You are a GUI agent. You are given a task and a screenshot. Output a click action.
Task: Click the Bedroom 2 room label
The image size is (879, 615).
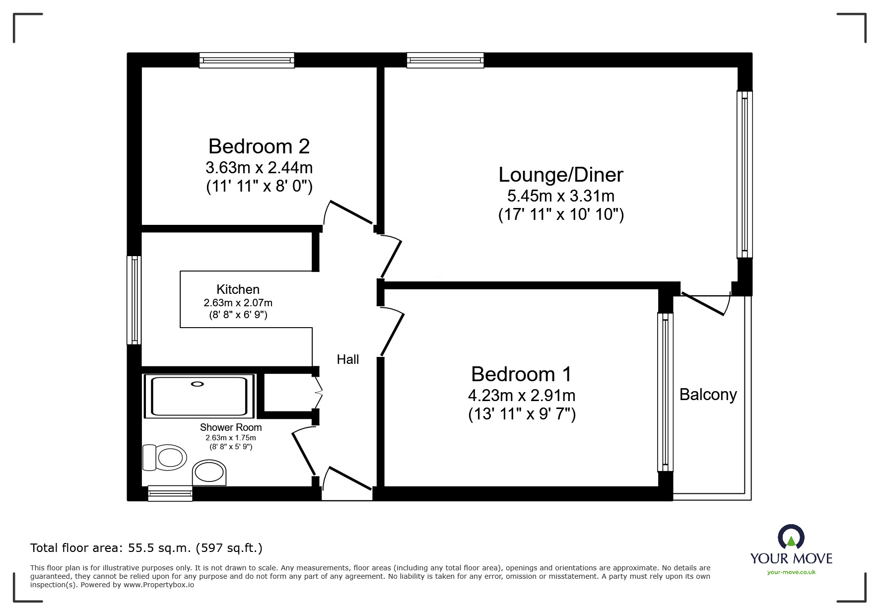259,146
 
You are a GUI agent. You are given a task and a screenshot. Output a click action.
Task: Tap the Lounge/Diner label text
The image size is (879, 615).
560,175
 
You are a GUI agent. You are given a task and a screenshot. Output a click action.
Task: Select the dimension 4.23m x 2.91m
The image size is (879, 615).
521,396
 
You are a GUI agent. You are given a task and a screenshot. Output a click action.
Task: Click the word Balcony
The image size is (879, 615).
708,395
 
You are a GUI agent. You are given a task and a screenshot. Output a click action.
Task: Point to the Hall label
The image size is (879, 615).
347,359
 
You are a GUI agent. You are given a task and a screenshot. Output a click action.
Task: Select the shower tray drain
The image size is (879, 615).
198,384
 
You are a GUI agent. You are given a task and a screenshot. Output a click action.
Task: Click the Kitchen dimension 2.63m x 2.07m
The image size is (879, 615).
238,302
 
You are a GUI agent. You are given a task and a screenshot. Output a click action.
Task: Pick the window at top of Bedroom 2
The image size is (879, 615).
247,61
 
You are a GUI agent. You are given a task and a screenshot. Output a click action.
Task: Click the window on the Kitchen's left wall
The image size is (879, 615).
134,300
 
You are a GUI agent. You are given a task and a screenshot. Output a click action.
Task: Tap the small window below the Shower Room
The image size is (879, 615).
170,493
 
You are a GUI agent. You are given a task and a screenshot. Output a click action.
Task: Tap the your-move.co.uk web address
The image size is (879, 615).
791,572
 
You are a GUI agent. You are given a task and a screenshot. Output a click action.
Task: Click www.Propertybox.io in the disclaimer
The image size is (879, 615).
158,585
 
